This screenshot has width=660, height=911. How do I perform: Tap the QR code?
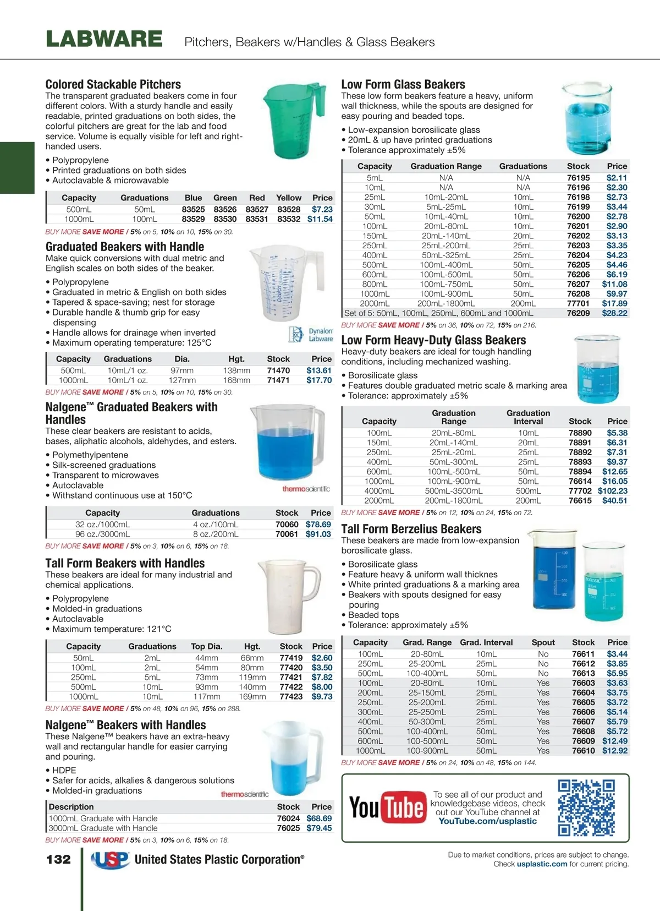point(586,808)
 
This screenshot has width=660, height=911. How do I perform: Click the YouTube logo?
point(388,808)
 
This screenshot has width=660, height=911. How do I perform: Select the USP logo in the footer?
point(110,860)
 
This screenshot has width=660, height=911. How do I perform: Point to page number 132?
point(58,859)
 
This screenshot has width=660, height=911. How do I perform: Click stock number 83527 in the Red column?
point(257,209)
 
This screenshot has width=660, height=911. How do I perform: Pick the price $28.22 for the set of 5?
point(614,313)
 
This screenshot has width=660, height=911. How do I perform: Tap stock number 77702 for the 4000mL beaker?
point(580,491)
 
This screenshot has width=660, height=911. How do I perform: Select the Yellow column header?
point(289,198)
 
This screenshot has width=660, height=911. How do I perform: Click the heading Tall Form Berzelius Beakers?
point(411,529)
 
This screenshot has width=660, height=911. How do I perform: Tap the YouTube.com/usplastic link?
point(487,821)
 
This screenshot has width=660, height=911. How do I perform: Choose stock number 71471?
point(278,380)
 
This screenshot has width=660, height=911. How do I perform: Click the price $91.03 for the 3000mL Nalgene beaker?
point(318,534)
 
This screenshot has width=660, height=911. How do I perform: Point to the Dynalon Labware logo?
point(311,335)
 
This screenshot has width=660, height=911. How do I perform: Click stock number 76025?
point(288,828)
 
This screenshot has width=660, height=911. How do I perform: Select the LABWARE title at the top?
point(105,40)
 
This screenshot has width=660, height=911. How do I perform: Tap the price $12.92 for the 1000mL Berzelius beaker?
point(614,751)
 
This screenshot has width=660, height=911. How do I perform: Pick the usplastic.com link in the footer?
point(542,864)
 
